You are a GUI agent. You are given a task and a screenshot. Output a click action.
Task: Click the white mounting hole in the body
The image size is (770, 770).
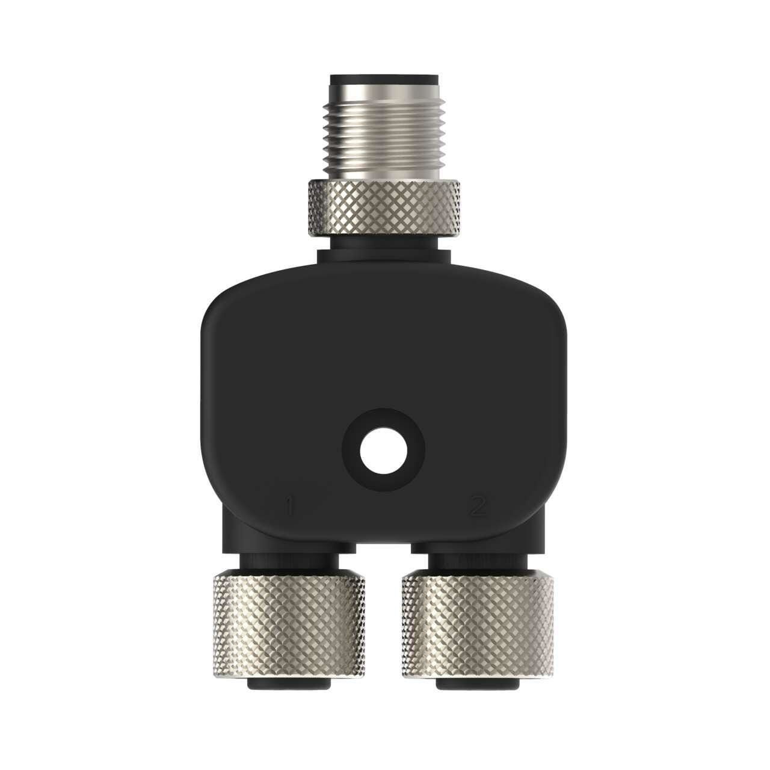384,450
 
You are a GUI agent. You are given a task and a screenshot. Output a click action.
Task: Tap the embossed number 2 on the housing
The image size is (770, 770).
477,507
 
